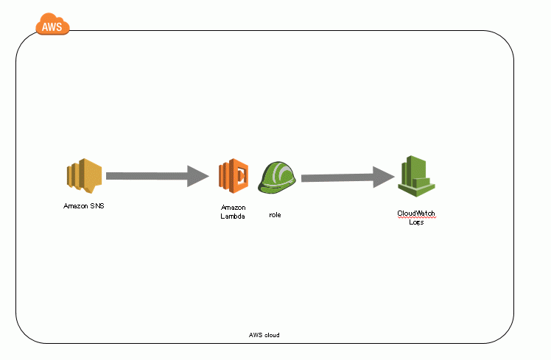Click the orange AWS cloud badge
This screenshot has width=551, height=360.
(x=52, y=24)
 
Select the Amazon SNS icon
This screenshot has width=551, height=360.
(x=84, y=176)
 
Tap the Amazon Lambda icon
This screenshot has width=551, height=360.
(x=234, y=176)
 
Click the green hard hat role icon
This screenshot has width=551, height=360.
(x=277, y=177)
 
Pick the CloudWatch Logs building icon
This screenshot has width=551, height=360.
(x=416, y=176)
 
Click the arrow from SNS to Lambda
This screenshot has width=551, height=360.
(x=158, y=176)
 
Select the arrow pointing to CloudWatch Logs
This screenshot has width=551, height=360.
(x=348, y=177)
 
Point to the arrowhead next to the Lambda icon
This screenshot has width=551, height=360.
(x=198, y=176)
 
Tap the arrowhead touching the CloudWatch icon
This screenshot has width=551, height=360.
(x=384, y=177)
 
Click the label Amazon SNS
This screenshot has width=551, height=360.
(x=84, y=206)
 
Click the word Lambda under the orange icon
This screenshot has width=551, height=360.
(x=233, y=216)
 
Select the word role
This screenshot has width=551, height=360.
(x=275, y=215)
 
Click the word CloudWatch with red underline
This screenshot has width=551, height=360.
(x=416, y=213)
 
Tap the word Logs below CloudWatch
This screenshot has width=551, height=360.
(x=416, y=222)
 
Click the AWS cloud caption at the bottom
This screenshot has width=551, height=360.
(x=264, y=335)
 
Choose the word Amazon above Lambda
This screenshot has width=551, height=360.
(x=234, y=208)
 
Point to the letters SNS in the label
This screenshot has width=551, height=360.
(x=97, y=206)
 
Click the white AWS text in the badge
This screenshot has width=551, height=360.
(x=52, y=27)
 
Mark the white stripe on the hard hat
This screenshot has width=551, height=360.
(x=280, y=173)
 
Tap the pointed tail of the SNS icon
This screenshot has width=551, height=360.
(x=91, y=191)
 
